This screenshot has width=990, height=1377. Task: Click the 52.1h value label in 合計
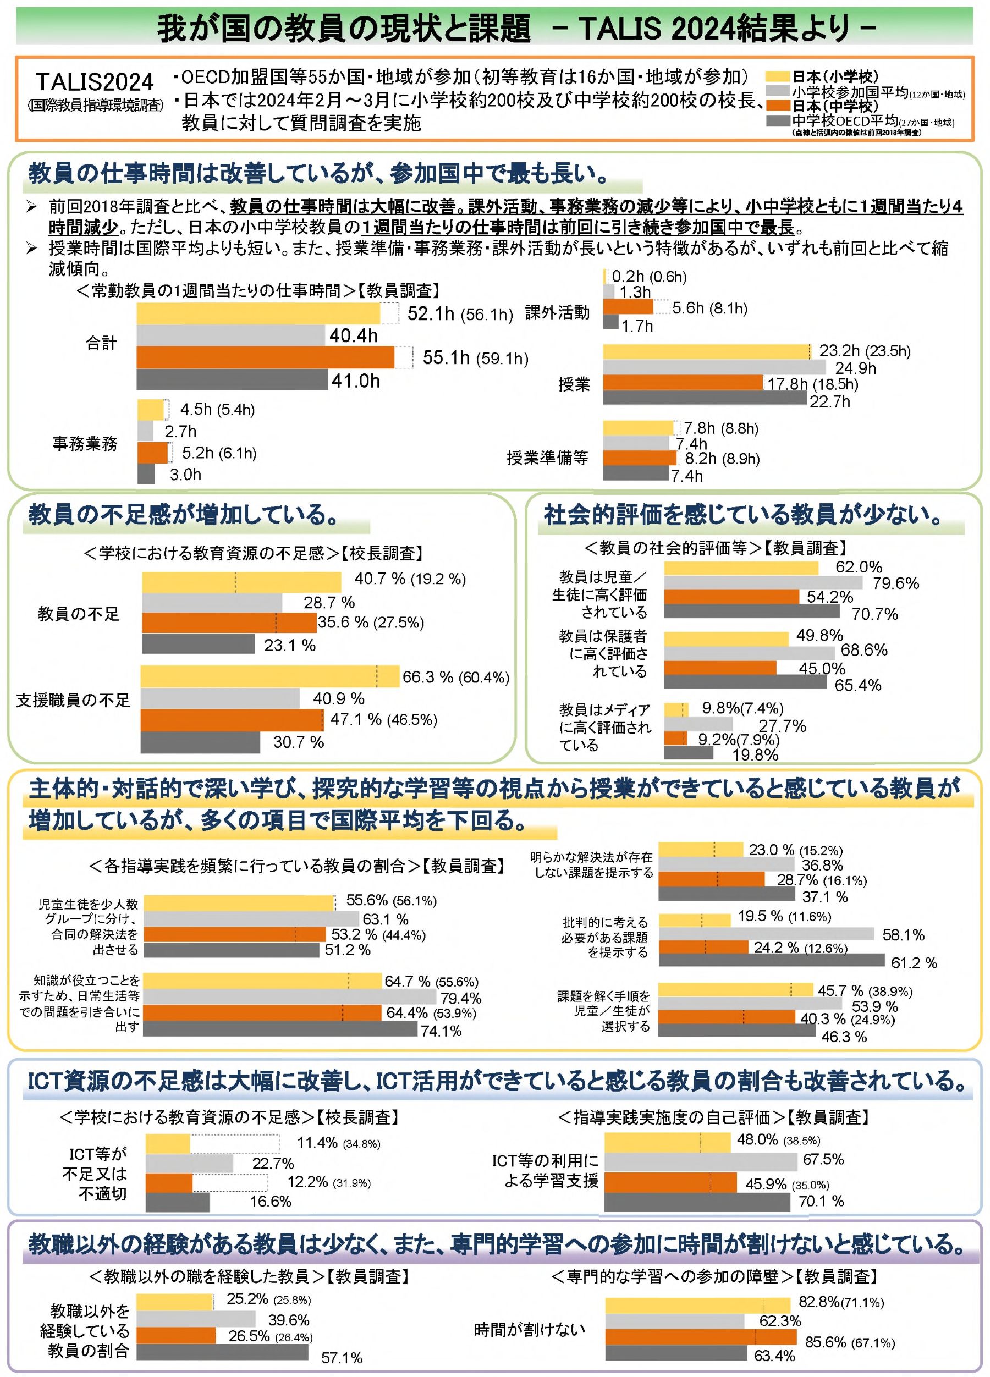coord(431,313)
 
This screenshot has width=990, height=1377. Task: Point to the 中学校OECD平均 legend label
coord(845,121)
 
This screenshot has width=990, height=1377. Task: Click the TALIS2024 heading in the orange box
coord(95,82)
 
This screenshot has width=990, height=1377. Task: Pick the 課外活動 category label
coord(557,312)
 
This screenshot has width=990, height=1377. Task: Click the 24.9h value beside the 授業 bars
coord(855,368)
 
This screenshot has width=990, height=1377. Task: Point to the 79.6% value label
coord(895,583)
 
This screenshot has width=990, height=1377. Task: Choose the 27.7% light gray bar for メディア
coord(698,724)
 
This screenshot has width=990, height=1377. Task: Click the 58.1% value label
coord(903,935)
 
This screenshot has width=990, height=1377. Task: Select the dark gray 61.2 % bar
coord(771,960)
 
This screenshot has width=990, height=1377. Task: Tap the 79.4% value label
coord(460,998)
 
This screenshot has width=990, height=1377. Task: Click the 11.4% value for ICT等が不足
coord(316,1143)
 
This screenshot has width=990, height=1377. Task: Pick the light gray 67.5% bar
coord(700,1162)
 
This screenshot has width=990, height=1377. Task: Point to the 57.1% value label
coord(342,1358)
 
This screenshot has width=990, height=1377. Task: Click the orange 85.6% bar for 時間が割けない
coord(700,1337)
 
